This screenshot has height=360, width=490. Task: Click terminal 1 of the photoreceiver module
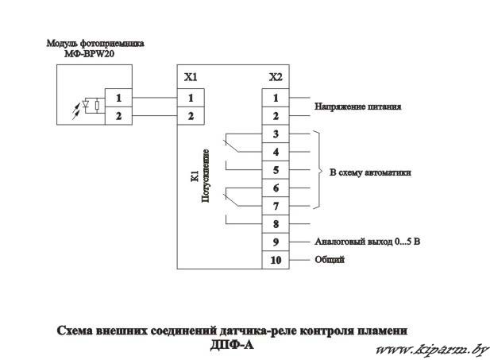click(118, 98)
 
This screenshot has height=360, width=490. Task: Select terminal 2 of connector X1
click(191, 116)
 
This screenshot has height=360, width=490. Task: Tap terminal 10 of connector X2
click(276, 260)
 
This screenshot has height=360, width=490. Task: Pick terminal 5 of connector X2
click(276, 170)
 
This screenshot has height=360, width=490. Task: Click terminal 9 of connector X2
click(276, 242)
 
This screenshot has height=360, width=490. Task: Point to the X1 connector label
click(191, 77)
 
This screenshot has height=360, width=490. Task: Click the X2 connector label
click(276, 77)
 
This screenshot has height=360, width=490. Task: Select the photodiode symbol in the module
click(86, 104)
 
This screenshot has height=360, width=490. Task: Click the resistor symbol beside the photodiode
click(97, 105)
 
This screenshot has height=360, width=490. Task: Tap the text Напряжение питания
click(357, 106)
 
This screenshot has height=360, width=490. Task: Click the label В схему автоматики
click(370, 172)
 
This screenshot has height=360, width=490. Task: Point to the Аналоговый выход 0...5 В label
click(367, 242)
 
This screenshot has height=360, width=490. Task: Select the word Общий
click(330, 259)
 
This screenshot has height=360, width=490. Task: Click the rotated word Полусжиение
click(205, 176)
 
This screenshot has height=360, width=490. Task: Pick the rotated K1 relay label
click(195, 176)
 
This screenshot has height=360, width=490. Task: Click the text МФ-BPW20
click(90, 54)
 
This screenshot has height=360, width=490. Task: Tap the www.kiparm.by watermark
click(432, 350)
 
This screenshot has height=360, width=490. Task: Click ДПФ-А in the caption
click(232, 344)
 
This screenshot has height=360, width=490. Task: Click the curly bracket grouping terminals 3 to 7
click(318, 170)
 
